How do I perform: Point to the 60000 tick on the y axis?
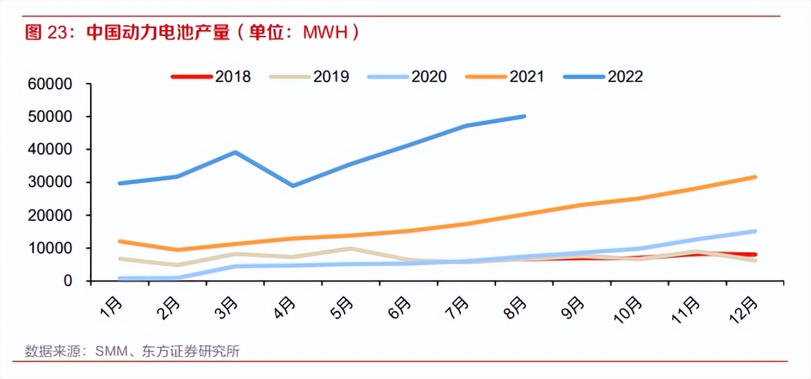point(50,84)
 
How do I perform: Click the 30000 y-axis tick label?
point(50,182)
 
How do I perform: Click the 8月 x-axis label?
point(518,308)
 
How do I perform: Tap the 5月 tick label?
point(344,308)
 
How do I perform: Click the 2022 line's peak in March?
point(235,152)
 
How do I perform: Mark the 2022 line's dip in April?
point(293,186)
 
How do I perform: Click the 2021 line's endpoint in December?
point(755,177)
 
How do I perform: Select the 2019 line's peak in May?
point(351,248)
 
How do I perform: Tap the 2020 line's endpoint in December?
point(755,231)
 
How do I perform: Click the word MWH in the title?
point(325,32)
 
